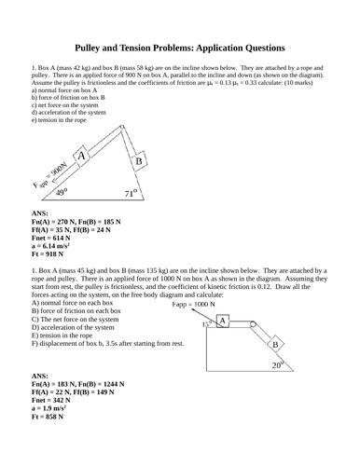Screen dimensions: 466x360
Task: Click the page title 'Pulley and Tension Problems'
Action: pyautogui.click(x=179, y=48)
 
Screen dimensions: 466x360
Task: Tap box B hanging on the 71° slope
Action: pyautogui.click(x=138, y=161)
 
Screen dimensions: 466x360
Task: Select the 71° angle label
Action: pyautogui.click(x=132, y=194)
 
